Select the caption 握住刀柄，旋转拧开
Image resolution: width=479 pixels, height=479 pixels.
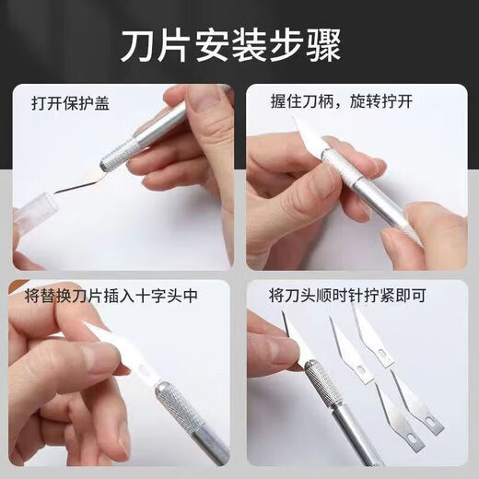click(x=332, y=103)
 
